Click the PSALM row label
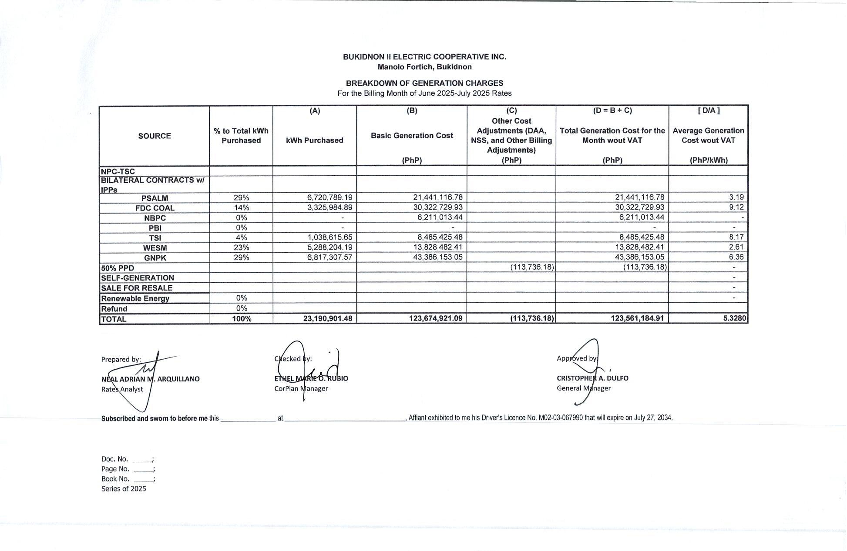click(x=155, y=198)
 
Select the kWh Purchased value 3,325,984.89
click(x=329, y=207)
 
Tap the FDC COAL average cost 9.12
click(x=736, y=207)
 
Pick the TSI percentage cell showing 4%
click(x=241, y=237)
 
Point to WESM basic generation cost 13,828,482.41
click(x=437, y=247)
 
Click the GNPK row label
click(x=155, y=258)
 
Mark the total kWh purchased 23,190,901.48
click(x=327, y=318)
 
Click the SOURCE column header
click(x=155, y=136)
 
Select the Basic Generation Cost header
click(x=412, y=136)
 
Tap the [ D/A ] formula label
click(x=709, y=110)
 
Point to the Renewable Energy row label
click(x=135, y=298)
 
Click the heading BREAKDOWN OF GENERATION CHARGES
click(x=424, y=83)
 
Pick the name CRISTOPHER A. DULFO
click(x=592, y=378)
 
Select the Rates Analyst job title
click(x=122, y=389)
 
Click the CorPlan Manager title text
click(x=301, y=388)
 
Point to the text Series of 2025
click(x=124, y=489)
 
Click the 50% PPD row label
click(x=118, y=268)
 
